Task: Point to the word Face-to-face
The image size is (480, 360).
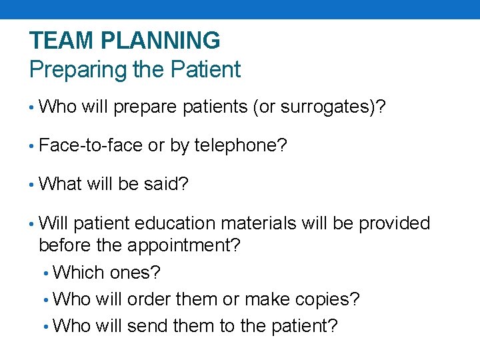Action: coord(91,145)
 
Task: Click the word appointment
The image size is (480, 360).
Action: coord(187,246)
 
